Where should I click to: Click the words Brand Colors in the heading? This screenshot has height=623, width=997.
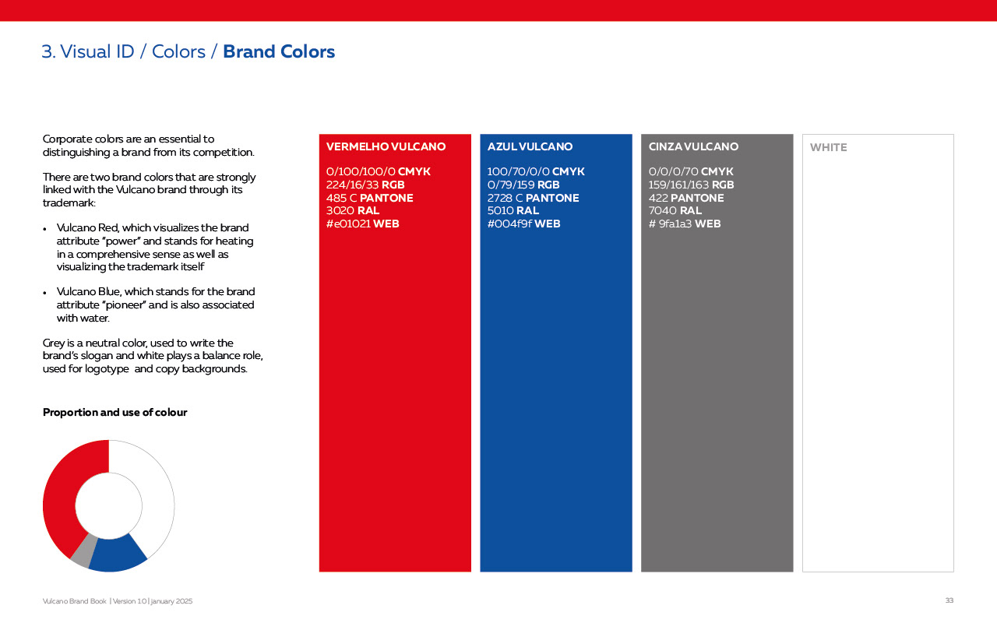pyautogui.click(x=279, y=51)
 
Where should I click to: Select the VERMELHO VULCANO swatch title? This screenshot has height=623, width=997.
pyautogui.click(x=386, y=146)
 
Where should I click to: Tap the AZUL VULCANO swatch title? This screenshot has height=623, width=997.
pyautogui.click(x=530, y=146)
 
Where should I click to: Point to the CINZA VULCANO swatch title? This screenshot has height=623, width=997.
pyautogui.click(x=693, y=146)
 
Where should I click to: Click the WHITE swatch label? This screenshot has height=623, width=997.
pyautogui.click(x=828, y=147)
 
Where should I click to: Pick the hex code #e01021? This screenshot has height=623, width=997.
pyautogui.click(x=348, y=224)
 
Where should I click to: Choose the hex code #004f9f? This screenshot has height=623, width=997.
pyautogui.click(x=509, y=224)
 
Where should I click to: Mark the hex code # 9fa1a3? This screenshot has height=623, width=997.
pyautogui.click(x=670, y=224)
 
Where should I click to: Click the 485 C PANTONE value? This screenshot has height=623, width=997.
pyautogui.click(x=369, y=198)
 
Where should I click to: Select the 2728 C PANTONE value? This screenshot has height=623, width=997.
pyautogui.click(x=533, y=198)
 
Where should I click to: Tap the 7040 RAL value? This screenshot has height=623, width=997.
pyautogui.click(x=675, y=210)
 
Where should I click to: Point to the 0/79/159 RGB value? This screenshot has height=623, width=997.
pyautogui.click(x=523, y=185)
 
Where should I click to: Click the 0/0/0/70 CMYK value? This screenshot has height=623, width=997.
pyautogui.click(x=690, y=171)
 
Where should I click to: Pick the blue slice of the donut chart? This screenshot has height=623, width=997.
pyautogui.click(x=118, y=554)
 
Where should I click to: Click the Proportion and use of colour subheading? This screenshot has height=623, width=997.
pyautogui.click(x=114, y=413)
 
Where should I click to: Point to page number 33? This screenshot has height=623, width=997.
pyautogui.click(x=949, y=600)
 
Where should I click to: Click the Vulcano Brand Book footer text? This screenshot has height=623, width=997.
pyautogui.click(x=74, y=601)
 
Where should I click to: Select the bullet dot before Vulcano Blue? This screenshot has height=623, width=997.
pyautogui.click(x=44, y=293)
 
